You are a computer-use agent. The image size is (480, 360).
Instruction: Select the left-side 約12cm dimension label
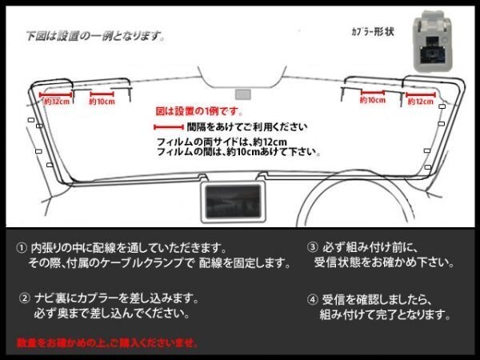(56, 102)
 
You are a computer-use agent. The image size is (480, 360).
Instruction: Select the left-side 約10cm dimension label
(102, 102)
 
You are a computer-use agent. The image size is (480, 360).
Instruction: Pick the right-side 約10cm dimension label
(373, 102)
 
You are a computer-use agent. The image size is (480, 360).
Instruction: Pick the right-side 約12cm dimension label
(421, 102)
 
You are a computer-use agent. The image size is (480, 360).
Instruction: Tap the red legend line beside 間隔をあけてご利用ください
(167, 127)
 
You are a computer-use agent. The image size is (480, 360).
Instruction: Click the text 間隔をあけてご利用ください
(235, 127)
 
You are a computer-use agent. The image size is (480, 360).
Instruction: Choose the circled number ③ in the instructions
(311, 248)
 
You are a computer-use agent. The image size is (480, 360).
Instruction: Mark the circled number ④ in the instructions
(311, 301)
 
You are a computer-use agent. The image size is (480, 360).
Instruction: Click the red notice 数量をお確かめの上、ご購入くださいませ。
(106, 342)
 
